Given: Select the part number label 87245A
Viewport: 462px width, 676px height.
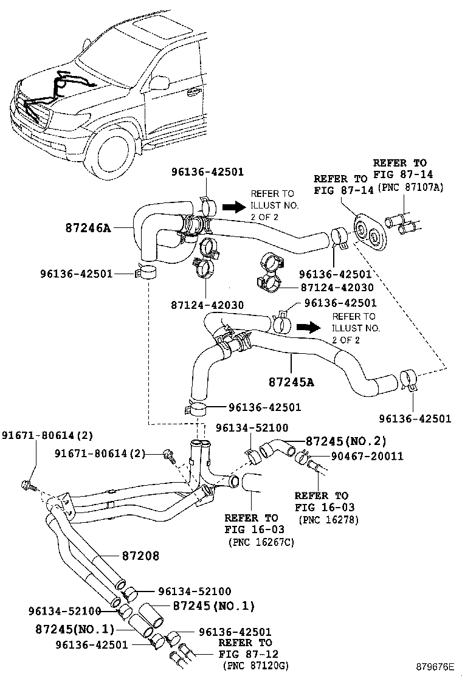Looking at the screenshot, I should tap(291, 382).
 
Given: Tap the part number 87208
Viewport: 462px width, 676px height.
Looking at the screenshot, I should tap(140, 555).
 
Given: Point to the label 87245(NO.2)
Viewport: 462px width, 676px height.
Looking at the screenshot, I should tap(346, 441).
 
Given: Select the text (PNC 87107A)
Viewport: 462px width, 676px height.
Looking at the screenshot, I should tap(412, 188).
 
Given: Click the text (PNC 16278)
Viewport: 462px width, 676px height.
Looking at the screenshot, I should tap(328, 520).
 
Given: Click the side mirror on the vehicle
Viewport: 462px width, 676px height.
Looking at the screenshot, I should tap(159, 83).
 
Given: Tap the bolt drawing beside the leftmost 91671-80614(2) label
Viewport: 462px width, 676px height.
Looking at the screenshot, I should tap(28, 485).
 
